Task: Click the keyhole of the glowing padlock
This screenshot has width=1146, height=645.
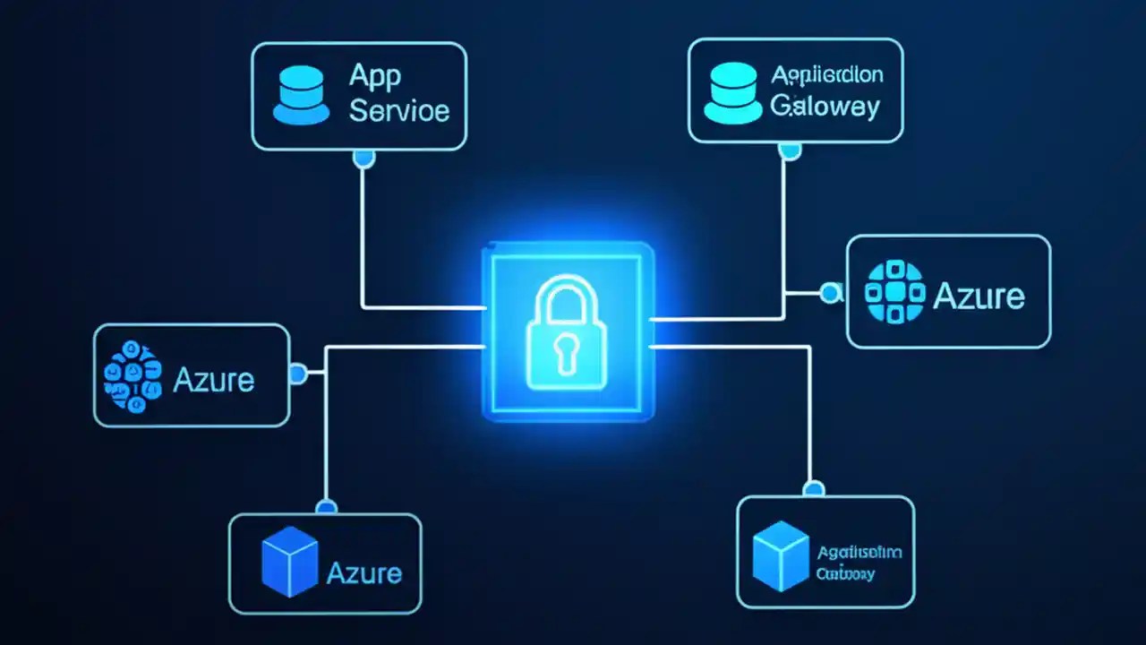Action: tap(567, 351)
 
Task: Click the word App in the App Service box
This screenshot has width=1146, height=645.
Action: tap(374, 76)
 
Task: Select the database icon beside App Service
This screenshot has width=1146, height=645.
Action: tap(301, 93)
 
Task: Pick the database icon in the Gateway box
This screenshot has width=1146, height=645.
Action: tap(732, 91)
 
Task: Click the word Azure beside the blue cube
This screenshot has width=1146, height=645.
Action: tap(364, 572)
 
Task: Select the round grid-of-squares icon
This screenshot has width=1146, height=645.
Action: tap(894, 291)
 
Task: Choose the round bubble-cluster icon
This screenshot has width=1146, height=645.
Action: tap(133, 376)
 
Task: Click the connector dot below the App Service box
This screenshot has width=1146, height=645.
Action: tap(363, 159)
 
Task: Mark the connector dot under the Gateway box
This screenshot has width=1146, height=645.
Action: tap(788, 152)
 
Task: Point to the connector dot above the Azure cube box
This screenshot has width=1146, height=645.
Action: tap(327, 507)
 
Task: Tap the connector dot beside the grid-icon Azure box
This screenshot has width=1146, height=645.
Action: tap(832, 291)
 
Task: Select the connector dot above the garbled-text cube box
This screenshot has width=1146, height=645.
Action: tap(813, 489)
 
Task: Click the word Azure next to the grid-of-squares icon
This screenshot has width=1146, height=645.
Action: tap(979, 296)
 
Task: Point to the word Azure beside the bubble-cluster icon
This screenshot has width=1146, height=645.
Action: tap(213, 380)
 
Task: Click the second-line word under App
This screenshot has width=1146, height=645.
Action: tap(399, 111)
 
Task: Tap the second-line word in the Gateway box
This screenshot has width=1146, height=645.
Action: tap(825, 107)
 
